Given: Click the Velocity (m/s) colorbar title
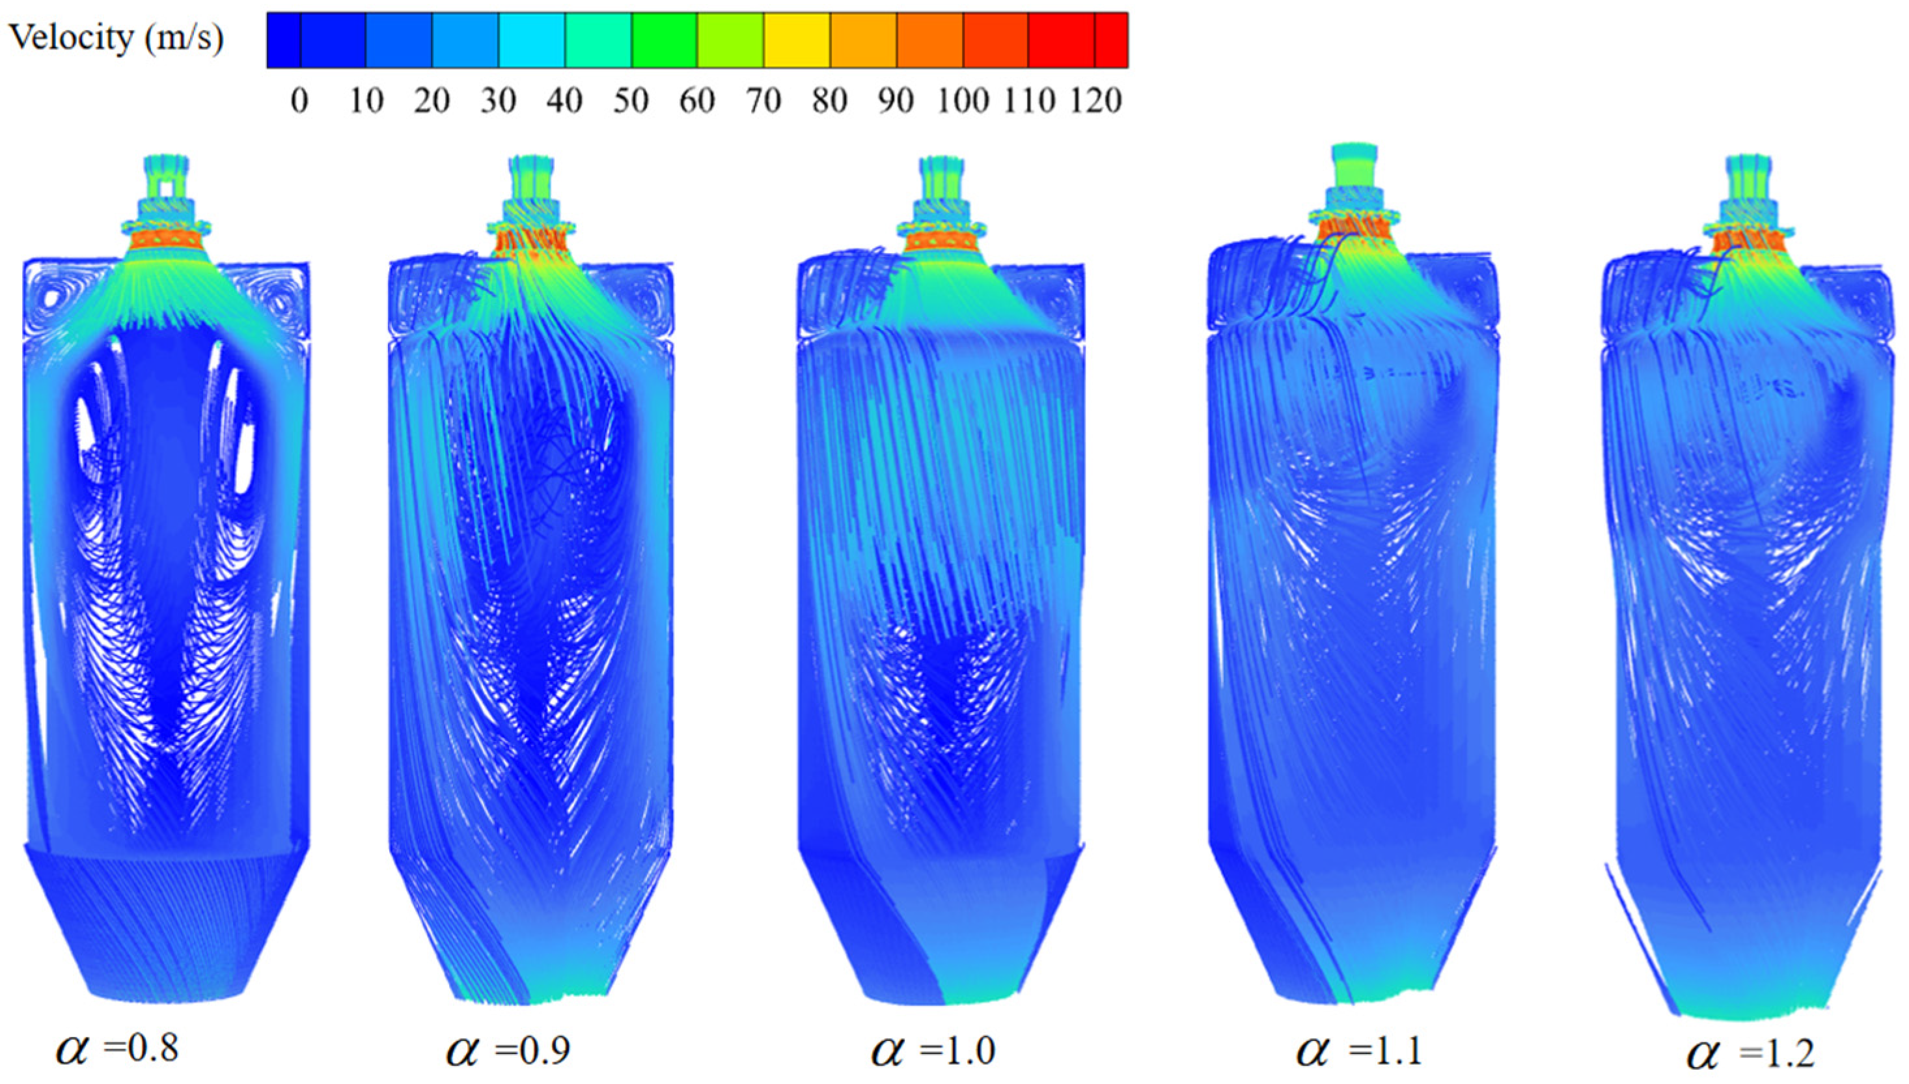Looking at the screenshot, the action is [115, 37].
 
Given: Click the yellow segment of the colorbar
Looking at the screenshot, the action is [797, 40].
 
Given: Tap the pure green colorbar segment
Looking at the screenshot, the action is [664, 40].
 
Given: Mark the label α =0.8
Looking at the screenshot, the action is [117, 1049].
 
